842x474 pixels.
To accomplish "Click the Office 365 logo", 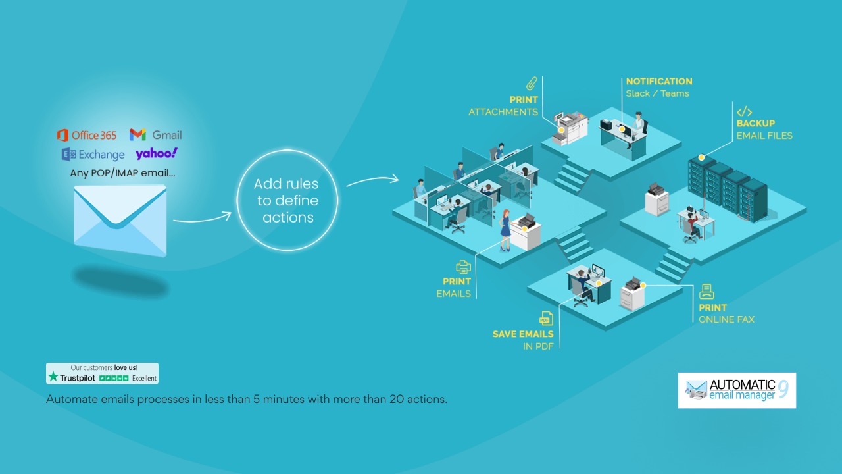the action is [86, 135].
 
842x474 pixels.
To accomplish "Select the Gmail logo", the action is [156, 135].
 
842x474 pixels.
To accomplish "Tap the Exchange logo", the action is [93, 154].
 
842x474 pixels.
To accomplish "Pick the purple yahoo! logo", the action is [157, 153].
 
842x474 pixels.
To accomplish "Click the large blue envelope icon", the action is [120, 221].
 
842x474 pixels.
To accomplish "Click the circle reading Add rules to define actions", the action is [287, 200].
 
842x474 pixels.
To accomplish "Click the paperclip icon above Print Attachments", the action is [532, 84].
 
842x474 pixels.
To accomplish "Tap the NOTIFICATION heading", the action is [659, 81].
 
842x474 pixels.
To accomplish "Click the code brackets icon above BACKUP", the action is [744, 112].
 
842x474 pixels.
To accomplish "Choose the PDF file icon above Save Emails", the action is [546, 318].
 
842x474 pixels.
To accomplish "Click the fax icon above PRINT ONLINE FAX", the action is [706, 292].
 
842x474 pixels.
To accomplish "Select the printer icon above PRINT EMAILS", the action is [463, 267].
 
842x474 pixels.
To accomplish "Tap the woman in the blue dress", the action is [506, 230].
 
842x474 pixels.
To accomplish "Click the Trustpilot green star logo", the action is [53, 377].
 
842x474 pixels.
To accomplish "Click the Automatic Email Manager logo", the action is [737, 390].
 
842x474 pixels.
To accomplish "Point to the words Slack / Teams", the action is [657, 93].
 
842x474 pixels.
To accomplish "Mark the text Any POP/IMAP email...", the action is [122, 173].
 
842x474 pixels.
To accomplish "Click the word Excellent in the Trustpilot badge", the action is [144, 378].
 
